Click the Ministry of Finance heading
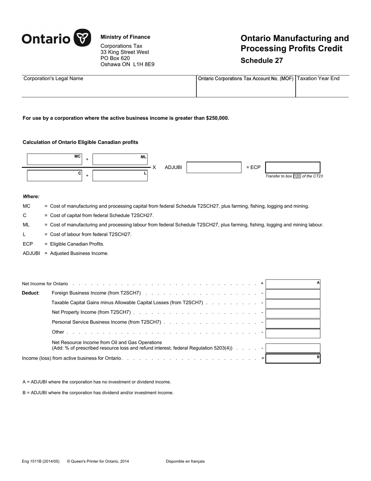(125, 37)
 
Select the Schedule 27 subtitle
(262, 60)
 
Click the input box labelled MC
(54, 160)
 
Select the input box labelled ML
(120, 160)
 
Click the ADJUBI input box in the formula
(214, 167)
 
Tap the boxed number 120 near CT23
(297, 176)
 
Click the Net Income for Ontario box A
(293, 284)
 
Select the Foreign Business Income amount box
(293, 294)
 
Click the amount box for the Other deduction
(293, 333)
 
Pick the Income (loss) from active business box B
(293, 359)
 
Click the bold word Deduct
(30, 293)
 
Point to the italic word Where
(31, 197)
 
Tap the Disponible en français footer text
(185, 461)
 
